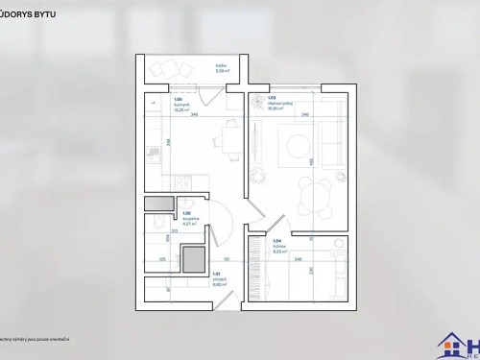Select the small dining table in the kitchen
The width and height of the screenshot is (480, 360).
click(x=229, y=134)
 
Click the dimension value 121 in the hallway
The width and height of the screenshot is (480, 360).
click(x=226, y=260)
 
